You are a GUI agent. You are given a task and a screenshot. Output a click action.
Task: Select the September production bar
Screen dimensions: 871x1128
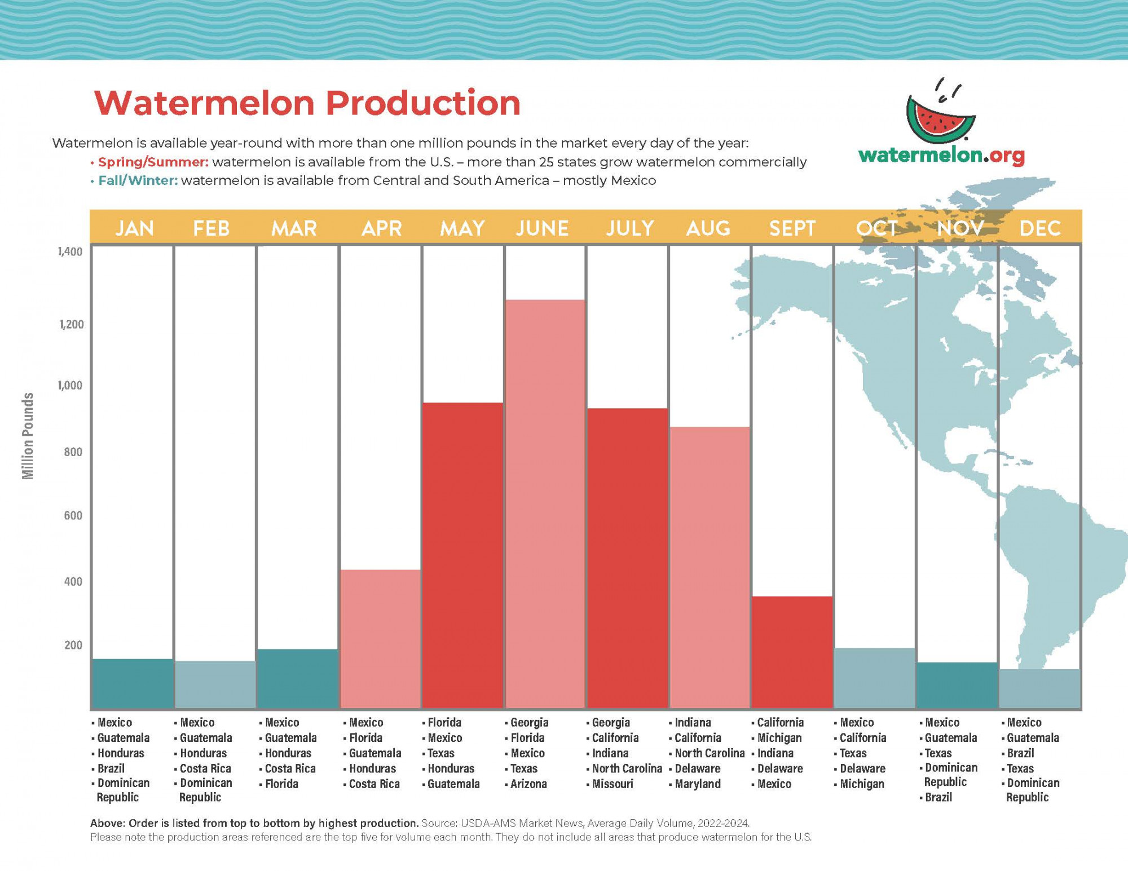pos(792,652)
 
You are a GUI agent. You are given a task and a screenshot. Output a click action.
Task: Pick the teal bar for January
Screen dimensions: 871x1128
pos(132,683)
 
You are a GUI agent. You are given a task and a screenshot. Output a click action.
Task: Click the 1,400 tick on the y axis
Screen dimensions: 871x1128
pos(70,251)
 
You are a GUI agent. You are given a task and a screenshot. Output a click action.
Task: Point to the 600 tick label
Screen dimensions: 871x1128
pos(73,515)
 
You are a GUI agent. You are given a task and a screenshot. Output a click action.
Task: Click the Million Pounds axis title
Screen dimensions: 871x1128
pos(28,436)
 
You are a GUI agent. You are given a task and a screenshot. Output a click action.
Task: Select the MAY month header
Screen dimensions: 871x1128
pos(462,228)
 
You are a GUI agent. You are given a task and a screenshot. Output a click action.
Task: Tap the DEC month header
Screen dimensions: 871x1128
pos(1040,228)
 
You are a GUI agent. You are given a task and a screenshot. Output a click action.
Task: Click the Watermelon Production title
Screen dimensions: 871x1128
pos(307,103)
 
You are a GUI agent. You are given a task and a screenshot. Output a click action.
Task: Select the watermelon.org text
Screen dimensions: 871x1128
pos(941,155)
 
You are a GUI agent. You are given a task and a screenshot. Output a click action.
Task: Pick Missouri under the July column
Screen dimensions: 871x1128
pos(613,784)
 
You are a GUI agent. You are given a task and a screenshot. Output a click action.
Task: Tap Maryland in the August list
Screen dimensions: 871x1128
pos(697,784)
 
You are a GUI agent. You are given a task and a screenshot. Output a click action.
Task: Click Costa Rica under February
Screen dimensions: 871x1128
pos(205,768)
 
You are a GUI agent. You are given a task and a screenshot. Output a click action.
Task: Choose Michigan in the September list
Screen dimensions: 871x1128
pos(779,737)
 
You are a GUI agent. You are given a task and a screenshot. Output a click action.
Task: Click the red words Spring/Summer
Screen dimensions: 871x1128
pos(153,162)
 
